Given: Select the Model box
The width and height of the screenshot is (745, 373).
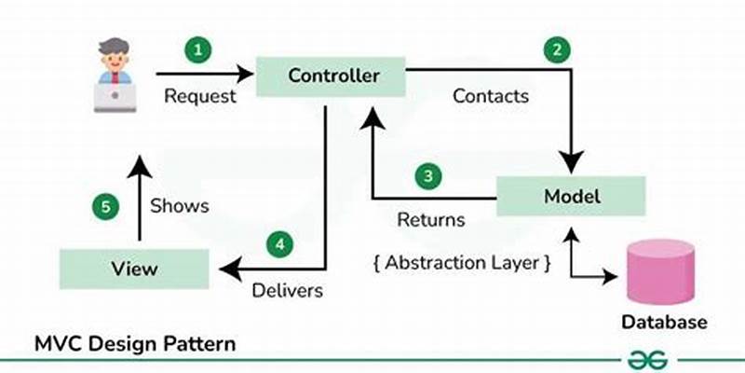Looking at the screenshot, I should point(572,197).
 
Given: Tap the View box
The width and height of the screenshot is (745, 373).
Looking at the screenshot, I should point(135,269).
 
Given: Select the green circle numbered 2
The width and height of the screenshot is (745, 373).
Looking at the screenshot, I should point(556,51).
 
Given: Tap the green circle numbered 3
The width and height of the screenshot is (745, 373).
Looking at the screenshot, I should point(427,175).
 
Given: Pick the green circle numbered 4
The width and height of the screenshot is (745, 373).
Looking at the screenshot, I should point(279,245).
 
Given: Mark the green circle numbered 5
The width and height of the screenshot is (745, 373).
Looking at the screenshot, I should point(108,206).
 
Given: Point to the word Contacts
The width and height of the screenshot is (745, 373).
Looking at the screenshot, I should point(491,95).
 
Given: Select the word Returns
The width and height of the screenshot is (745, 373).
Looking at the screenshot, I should point(431,221).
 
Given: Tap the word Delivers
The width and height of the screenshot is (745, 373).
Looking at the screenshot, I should point(288,291).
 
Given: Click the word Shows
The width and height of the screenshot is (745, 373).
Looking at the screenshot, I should point(180,205).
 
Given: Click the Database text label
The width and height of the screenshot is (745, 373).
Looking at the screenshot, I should point(664,323).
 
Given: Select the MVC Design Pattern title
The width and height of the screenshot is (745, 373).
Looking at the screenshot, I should point(135,343).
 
